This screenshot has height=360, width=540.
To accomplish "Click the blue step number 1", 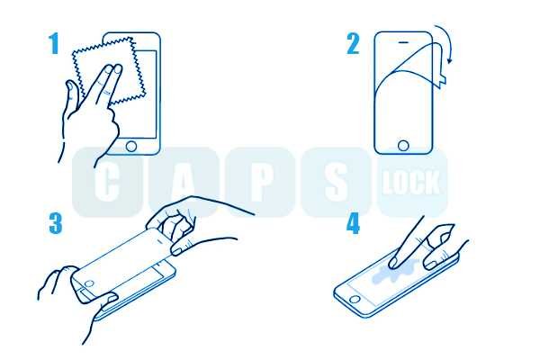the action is pos(53,44).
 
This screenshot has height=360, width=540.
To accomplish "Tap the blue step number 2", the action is pos(354,44).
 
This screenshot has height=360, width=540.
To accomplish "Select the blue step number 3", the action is pos(56,223).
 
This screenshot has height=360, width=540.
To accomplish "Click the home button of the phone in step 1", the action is pos(131,146).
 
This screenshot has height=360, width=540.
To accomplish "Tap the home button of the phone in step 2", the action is pos(403,146).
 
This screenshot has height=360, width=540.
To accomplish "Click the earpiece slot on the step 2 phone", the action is pos(403,42).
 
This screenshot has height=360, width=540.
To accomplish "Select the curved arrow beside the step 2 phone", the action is pos(445,43).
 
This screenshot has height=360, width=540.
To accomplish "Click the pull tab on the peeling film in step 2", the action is pos(442,81).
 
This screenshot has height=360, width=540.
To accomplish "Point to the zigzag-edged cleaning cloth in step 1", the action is pos(109,70).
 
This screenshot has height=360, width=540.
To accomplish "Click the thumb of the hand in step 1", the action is pos(73,93).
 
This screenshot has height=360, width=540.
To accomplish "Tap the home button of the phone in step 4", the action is pos(355,298).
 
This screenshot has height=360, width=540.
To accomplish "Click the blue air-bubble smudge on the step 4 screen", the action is pos(396,271).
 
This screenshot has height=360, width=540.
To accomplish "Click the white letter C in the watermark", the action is pos(107,182).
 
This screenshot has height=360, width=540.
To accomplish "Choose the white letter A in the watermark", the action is pos(184,182).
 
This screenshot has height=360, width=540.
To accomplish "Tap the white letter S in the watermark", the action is pos(336,182).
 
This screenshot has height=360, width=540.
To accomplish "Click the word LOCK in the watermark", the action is pos(411,182).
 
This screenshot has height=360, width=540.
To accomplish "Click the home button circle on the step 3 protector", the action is pos(89,284).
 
